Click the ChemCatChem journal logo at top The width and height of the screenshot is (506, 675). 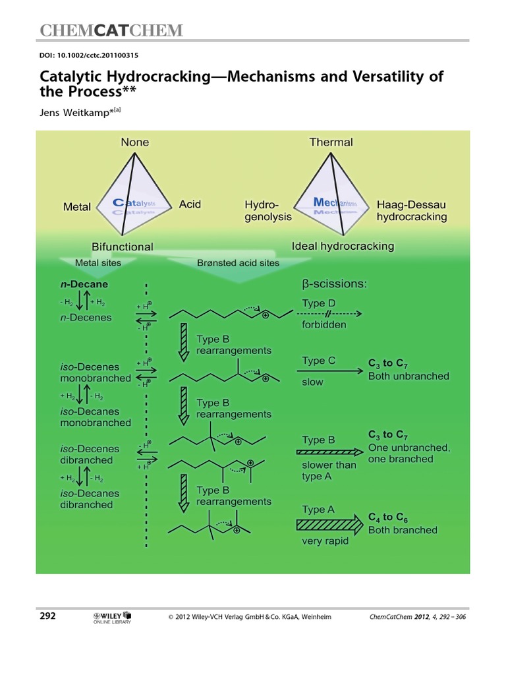[111, 30]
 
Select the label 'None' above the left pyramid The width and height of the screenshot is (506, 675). [134, 142]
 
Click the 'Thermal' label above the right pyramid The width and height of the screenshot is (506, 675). [331, 142]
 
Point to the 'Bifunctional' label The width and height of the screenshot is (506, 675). [122, 247]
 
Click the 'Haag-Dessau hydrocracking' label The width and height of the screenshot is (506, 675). [411, 211]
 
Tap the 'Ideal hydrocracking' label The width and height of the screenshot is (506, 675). [343, 247]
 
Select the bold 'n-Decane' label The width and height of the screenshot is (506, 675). [84, 285]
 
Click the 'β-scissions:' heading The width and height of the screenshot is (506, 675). [334, 285]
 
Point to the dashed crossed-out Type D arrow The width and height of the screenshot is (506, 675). [332, 314]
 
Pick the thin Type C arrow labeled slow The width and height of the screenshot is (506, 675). [332, 371]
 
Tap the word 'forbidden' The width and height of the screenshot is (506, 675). [323, 325]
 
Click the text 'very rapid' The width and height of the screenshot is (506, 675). [325, 542]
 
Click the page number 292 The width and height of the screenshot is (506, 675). [47, 616]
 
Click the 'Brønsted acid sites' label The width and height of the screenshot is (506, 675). [238, 262]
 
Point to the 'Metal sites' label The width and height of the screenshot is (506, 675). [98, 262]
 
